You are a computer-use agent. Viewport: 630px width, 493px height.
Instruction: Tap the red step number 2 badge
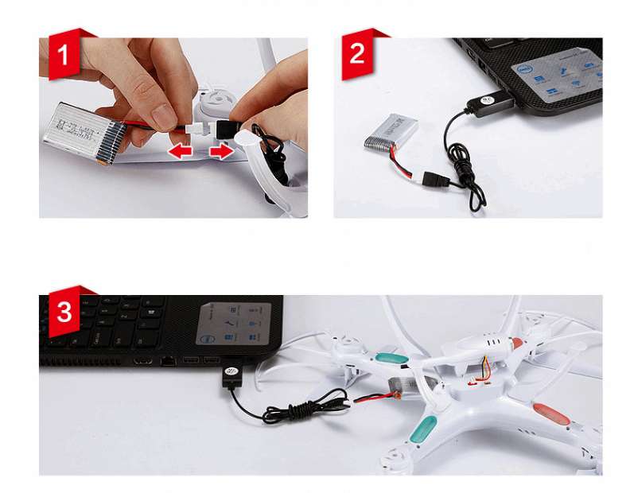coord(358,55)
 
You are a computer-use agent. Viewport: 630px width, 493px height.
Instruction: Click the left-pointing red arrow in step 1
coord(182,149)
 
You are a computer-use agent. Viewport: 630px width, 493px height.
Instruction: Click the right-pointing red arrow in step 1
coord(222,149)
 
